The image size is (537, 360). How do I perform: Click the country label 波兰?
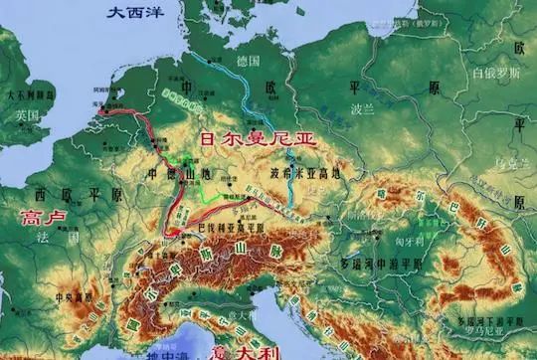click(x=362, y=106)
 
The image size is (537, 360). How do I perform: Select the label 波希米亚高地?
click(x=304, y=174)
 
